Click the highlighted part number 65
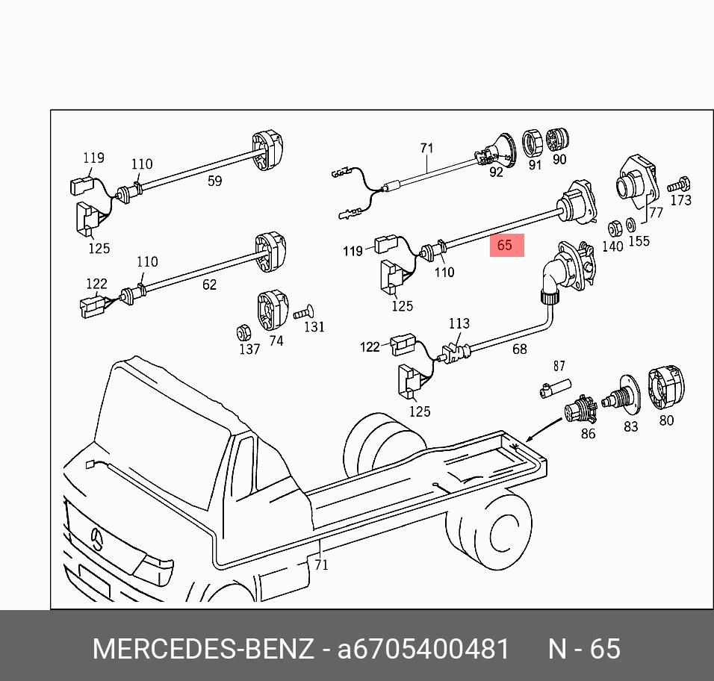click(506, 245)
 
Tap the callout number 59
click(214, 181)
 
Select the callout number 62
click(209, 284)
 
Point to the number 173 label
click(680, 200)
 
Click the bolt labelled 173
click(680, 182)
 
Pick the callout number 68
click(519, 349)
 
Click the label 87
click(559, 366)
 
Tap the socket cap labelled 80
click(665, 389)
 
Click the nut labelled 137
click(242, 332)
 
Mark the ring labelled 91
click(533, 140)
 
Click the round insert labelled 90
click(559, 139)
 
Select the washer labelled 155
click(630, 224)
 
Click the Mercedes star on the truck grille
click(97, 538)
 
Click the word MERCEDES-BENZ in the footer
click(203, 648)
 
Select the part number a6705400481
click(423, 648)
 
